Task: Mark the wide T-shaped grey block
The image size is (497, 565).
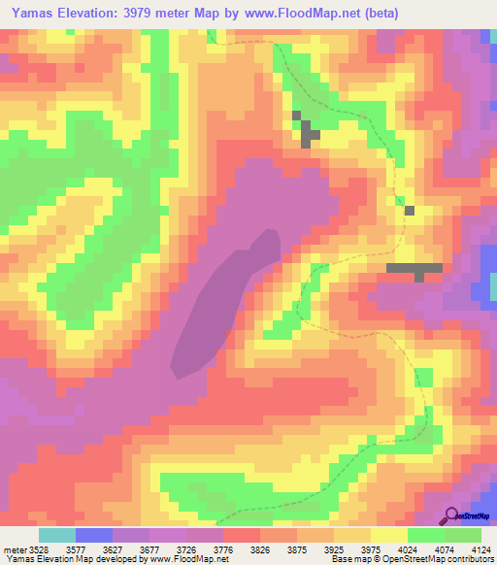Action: click(x=415, y=269)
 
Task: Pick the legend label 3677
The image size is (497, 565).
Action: click(x=159, y=548)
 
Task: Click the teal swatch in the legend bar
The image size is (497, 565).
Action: click(x=57, y=535)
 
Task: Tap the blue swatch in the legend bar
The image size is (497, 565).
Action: click(x=94, y=535)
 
